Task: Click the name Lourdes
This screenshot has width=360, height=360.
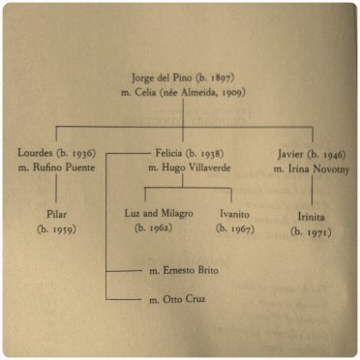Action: click(36, 153)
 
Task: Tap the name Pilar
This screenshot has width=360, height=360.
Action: click(55, 213)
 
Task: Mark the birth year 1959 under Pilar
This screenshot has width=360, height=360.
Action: click(56, 229)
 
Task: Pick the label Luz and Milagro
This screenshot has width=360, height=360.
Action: click(160, 212)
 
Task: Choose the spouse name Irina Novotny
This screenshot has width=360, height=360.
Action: click(309, 169)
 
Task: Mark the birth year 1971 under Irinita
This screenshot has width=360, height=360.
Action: click(310, 231)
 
